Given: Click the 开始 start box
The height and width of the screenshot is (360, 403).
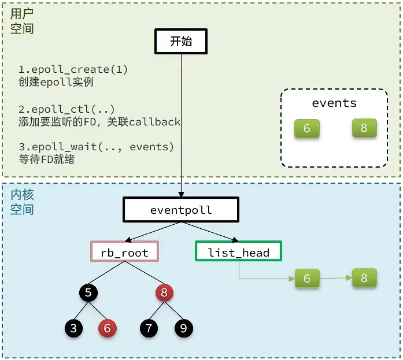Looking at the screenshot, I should pyautogui.click(x=180, y=42).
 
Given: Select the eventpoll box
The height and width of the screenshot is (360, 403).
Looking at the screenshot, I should pyautogui.click(x=180, y=210).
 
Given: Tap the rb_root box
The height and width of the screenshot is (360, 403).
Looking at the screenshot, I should pyautogui.click(x=124, y=252).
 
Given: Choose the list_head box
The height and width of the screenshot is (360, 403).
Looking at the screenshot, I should pyautogui.click(x=238, y=252).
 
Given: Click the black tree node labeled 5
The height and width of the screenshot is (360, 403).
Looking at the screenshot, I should pyautogui.click(x=88, y=293).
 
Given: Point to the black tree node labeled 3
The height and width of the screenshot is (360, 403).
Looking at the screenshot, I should pyautogui.click(x=73, y=328).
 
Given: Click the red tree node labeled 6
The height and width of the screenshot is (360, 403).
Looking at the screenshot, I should pyautogui.click(x=107, y=328).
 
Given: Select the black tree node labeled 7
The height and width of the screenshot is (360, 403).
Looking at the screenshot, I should pyautogui.click(x=149, y=328).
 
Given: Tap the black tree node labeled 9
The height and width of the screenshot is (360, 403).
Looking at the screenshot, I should pyautogui.click(x=183, y=328).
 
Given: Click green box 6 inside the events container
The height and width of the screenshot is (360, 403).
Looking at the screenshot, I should pyautogui.click(x=306, y=128).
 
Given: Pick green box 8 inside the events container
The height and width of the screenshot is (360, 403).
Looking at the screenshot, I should pyautogui.click(x=364, y=128).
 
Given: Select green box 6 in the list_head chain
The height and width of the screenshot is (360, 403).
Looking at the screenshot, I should pyautogui.click(x=306, y=279).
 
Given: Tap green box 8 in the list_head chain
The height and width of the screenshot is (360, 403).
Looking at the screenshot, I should pyautogui.click(x=364, y=278).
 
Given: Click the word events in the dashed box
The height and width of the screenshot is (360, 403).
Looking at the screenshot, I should pyautogui.click(x=334, y=103).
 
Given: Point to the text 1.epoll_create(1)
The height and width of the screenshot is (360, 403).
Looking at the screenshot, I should pyautogui.click(x=73, y=70).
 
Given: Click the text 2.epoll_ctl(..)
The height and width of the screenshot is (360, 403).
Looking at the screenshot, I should pyautogui.click(x=66, y=109).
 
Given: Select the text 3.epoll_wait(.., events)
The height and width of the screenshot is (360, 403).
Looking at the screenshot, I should pyautogui.click(x=96, y=147).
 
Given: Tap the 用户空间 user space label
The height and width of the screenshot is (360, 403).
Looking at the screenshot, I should pyautogui.click(x=22, y=21).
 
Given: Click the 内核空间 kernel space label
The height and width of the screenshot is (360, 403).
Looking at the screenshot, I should pyautogui.click(x=22, y=202).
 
